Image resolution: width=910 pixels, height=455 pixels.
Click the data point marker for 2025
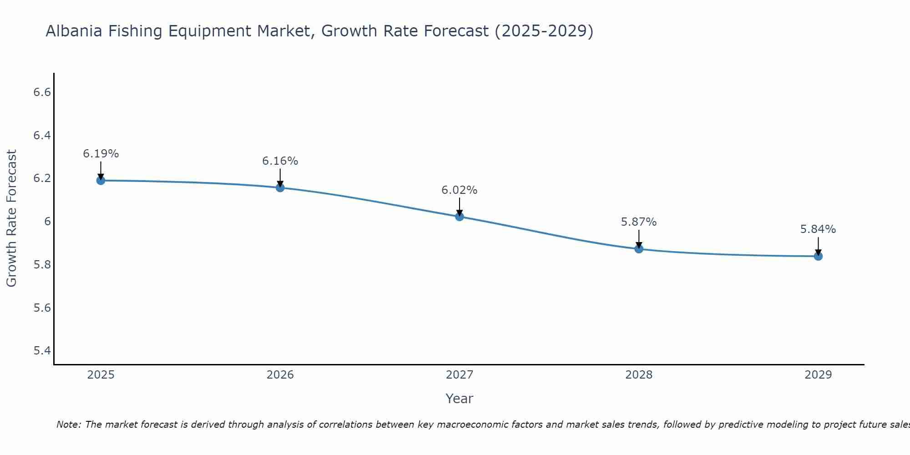(x=101, y=181)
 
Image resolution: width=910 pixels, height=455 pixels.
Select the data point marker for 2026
(x=280, y=187)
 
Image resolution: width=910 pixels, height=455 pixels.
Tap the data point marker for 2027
(x=460, y=217)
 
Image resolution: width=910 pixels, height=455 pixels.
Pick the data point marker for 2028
(x=639, y=249)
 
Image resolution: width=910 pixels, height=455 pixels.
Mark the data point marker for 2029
(x=818, y=256)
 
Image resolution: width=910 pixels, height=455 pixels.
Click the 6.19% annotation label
(x=101, y=154)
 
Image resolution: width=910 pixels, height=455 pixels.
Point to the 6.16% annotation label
(x=280, y=161)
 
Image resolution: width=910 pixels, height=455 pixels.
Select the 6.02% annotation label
(x=460, y=190)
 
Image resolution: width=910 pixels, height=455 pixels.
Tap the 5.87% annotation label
(x=639, y=222)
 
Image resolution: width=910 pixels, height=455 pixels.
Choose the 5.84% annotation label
(x=818, y=229)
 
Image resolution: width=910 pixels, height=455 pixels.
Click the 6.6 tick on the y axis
(x=42, y=92)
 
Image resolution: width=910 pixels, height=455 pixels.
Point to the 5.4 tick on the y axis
(x=42, y=350)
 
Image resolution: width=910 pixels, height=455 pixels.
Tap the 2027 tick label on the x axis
(x=460, y=375)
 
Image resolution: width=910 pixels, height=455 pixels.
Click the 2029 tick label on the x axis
(x=818, y=375)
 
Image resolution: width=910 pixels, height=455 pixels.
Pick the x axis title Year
(x=460, y=399)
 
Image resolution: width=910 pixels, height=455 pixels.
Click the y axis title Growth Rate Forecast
(x=12, y=218)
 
